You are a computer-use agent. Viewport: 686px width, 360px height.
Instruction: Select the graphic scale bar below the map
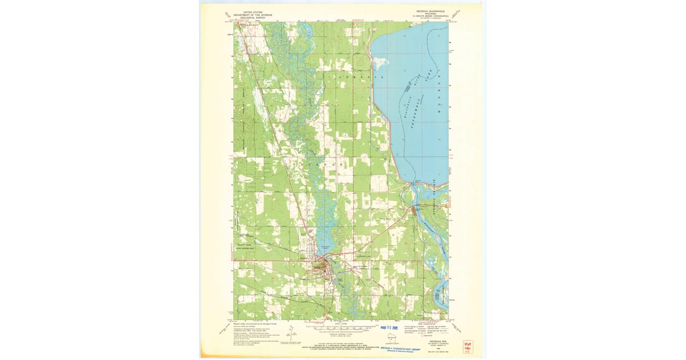(x=341, y=329)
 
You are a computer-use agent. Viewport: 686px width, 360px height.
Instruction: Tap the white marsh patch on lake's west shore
(x=378, y=60)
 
